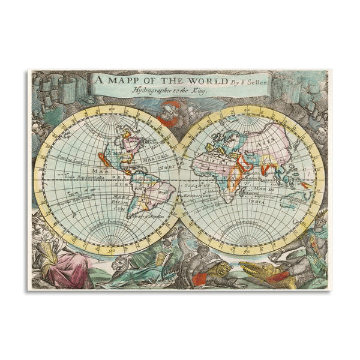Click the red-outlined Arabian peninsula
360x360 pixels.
[243, 161]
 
